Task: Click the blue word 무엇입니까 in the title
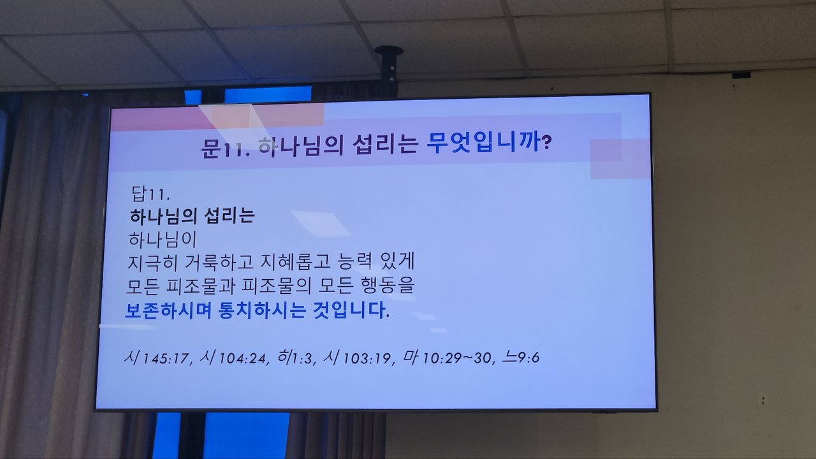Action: [x=484, y=143]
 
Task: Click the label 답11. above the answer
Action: [x=150, y=194]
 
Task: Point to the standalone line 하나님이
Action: [x=163, y=240]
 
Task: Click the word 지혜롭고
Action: [x=295, y=261]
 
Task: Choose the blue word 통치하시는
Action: [x=261, y=310]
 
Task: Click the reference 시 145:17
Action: [x=156, y=358]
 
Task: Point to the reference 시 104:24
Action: [x=233, y=358]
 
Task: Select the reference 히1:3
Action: [x=295, y=357]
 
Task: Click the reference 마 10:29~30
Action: [x=448, y=357]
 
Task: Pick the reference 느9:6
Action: [x=521, y=358]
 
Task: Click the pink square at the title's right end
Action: [x=619, y=159]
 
